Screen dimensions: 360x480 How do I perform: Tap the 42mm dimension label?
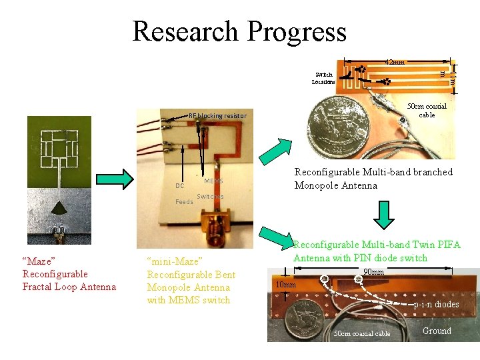[x=395, y=62]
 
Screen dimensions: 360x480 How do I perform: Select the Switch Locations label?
[x=323, y=78]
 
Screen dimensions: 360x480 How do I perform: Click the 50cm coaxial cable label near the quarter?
[x=427, y=110]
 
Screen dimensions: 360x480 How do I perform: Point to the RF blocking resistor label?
[x=217, y=116]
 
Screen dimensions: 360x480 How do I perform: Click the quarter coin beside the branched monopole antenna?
[x=337, y=125]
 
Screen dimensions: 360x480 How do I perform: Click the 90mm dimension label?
[x=373, y=272]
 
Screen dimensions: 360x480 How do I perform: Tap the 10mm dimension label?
[x=286, y=285]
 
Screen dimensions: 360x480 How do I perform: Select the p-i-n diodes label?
[x=437, y=304]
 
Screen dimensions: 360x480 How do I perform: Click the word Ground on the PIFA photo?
[x=437, y=331]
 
